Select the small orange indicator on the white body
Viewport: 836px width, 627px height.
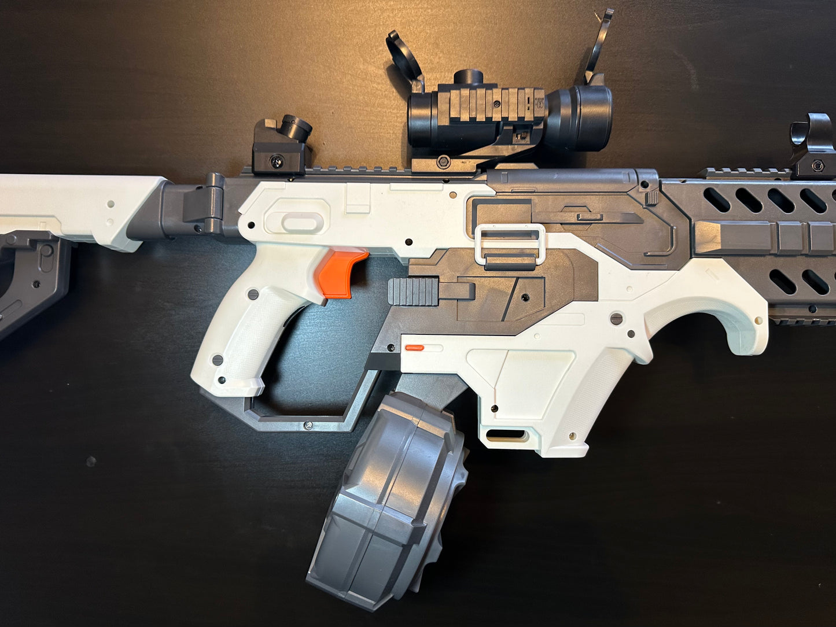(414, 348)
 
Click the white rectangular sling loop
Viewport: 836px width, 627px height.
(510, 244)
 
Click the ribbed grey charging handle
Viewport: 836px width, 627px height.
(413, 291)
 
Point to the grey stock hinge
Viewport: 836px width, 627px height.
(202, 205)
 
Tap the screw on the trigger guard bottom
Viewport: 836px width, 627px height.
(308, 426)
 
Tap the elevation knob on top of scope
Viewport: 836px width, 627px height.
(467, 78)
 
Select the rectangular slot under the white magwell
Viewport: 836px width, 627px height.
(506, 434)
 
